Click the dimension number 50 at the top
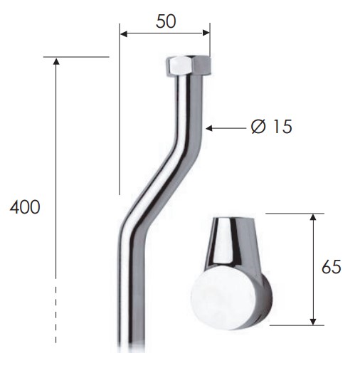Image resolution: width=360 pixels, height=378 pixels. point(166,21)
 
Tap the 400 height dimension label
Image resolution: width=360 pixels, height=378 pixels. point(25,207)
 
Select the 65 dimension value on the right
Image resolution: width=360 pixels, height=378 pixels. point(332,267)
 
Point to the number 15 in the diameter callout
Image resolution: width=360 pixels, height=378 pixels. point(282,126)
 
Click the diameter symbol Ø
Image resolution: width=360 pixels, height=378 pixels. point(258,126)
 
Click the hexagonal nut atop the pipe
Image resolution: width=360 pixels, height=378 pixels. point(189,65)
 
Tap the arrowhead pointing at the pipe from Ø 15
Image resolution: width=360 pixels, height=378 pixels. point(209,128)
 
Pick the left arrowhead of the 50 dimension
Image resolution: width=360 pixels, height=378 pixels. point(124,33)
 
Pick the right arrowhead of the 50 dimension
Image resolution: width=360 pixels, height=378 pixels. point(206,33)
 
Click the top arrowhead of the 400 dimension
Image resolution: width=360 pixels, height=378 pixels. point(56,61)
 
